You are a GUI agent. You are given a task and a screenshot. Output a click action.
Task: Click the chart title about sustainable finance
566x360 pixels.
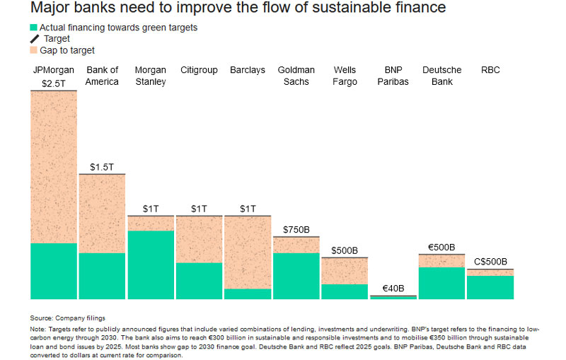pos(238,9)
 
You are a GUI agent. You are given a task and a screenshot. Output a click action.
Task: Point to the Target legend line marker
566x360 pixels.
pos(34,39)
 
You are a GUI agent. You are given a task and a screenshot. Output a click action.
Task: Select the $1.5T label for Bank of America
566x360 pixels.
pos(102,167)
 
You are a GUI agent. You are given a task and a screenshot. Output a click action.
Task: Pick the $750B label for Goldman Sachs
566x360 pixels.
pos(296,231)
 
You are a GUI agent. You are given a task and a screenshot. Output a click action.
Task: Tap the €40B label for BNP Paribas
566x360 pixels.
pos(393,289)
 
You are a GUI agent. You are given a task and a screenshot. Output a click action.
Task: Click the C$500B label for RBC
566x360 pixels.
pos(490,262)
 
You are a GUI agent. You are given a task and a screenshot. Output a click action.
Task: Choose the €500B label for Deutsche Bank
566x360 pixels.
pos(441,248)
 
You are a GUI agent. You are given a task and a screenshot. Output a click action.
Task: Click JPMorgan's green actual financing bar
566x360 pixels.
pos(54,271)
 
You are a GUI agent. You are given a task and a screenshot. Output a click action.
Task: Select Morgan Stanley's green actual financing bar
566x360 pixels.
pos(150,265)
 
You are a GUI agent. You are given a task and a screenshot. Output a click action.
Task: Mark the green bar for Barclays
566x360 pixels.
pos(247,294)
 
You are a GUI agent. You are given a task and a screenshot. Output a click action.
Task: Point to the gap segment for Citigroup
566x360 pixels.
pos(199,239)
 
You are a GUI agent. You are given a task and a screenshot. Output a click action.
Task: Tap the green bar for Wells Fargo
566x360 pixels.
pos(345,291)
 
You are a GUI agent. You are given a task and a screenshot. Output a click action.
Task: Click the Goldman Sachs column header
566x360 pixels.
pos(296,76)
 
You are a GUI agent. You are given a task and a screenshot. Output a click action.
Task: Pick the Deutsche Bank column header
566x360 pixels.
pos(441,76)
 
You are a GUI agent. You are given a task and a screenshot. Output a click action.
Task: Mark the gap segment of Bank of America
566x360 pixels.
pos(102,213)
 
